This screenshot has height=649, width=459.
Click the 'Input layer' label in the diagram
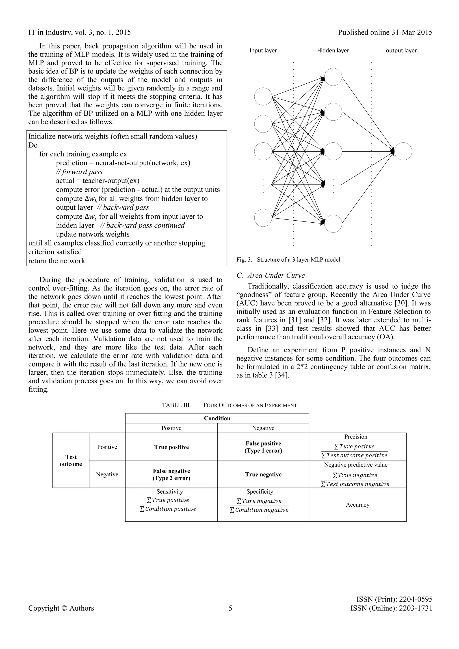263,51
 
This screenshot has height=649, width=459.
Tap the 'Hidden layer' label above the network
333,51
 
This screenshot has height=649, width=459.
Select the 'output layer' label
401,51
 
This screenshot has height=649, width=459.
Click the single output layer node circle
403,152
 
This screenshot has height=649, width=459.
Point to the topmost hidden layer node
333,77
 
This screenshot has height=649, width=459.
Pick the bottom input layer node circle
263,218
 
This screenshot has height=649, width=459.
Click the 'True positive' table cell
171,447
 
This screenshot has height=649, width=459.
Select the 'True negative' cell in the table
263,475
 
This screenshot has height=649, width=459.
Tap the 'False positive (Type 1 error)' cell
263,447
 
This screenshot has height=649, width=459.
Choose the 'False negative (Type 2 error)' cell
171,475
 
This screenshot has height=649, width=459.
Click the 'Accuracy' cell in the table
357,505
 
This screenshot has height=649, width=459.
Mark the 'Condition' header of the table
217,418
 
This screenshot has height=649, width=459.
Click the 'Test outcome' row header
71,460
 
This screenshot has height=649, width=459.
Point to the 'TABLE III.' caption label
176,405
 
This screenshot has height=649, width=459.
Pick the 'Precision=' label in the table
357,437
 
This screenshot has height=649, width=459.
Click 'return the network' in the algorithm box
56,261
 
